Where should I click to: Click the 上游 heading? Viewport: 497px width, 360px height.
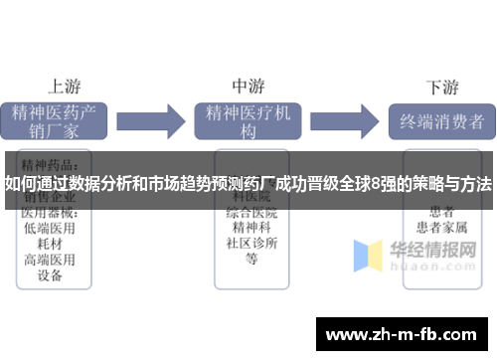coord(66,87)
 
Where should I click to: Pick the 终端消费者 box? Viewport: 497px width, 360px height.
coord(441,121)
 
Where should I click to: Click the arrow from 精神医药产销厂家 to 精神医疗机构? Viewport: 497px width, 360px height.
coord(155,121)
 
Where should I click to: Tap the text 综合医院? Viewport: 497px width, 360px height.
coord(250,213)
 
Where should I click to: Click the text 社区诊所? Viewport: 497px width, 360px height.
coord(250,243)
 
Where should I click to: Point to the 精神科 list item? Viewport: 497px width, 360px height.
coord(250,228)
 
